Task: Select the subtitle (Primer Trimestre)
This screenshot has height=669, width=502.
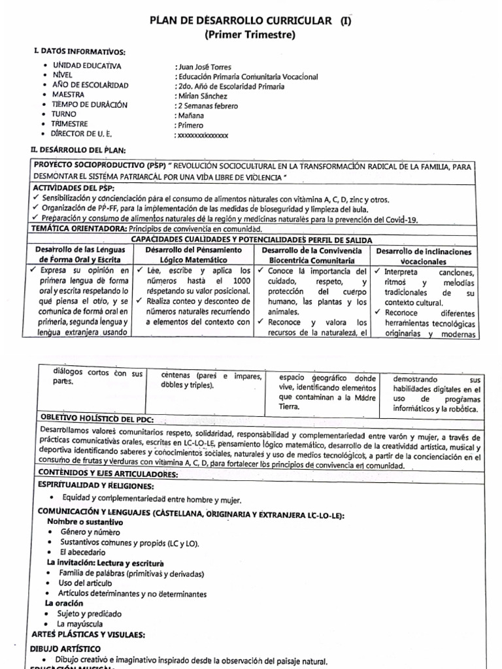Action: (250, 35)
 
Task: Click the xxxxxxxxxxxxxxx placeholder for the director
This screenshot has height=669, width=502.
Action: (203, 135)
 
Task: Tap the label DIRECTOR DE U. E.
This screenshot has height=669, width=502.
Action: (87, 134)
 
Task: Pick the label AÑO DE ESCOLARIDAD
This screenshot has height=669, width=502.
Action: (90, 86)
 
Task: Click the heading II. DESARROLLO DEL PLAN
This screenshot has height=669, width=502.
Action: (78, 150)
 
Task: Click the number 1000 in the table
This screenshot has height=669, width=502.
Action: (241, 281)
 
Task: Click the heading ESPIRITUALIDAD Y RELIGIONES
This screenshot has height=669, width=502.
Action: (96, 485)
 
